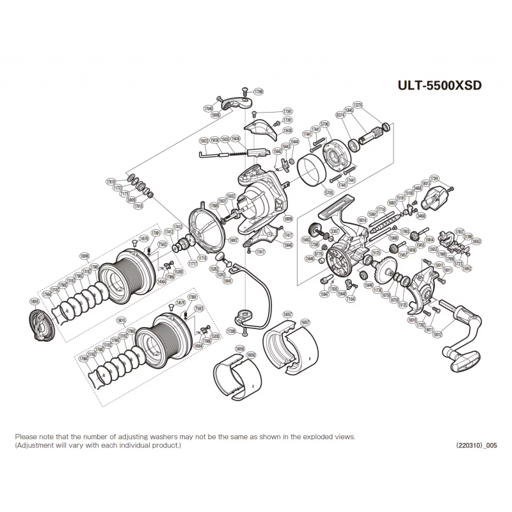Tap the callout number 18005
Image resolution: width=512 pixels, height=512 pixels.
[x=35, y=300]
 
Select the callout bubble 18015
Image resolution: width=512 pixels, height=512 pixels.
[x=122, y=319]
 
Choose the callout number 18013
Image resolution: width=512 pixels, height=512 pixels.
[x=426, y=183]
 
